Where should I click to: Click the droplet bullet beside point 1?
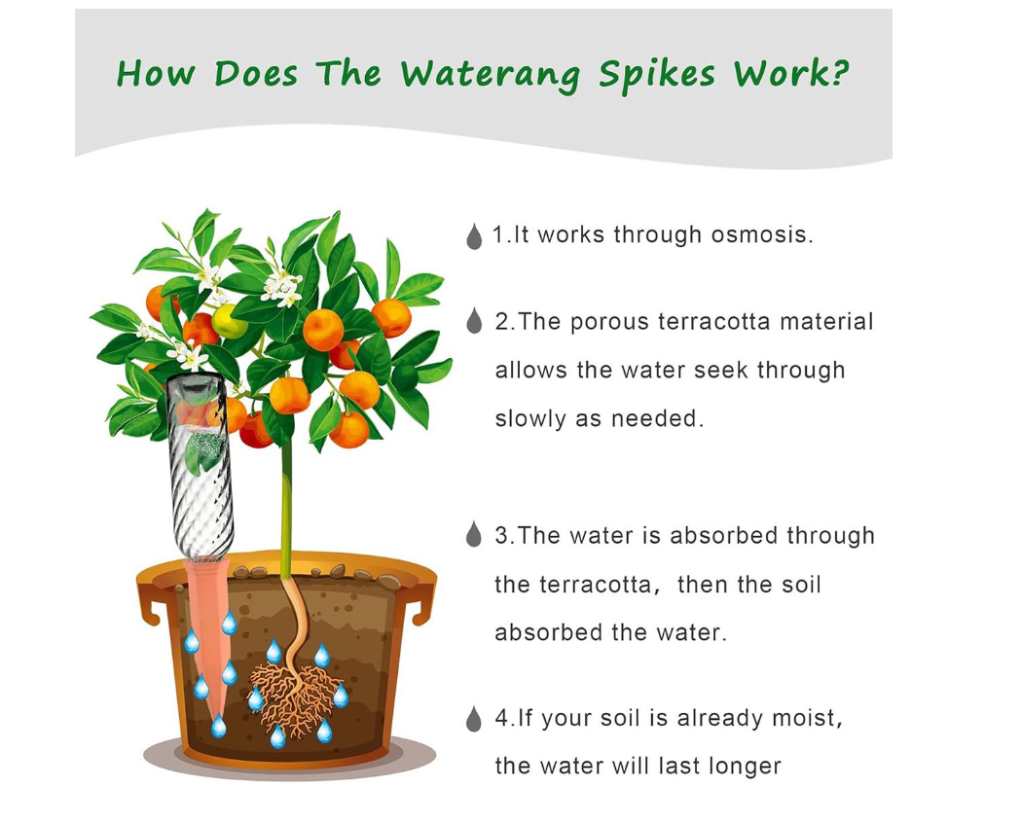(x=474, y=236)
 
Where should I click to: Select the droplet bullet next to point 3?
(x=474, y=534)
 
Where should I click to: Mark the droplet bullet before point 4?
(x=474, y=719)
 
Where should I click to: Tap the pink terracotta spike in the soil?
(x=210, y=642)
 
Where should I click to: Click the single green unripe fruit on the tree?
(x=230, y=322)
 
